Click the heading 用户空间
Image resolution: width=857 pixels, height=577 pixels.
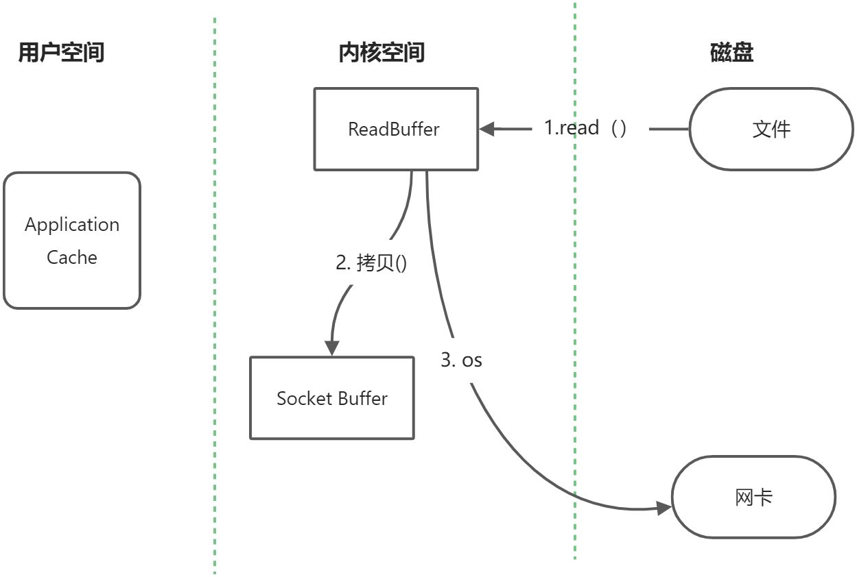[61, 52]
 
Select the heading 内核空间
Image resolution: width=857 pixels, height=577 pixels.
[381, 52]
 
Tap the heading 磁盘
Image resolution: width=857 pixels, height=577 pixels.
[732, 52]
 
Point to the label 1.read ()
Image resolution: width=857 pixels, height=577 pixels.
[585, 128]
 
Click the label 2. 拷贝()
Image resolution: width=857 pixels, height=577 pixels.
[371, 262]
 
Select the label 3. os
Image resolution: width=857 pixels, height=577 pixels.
[461, 360]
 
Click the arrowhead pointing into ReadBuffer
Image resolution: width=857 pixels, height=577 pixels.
[486, 129]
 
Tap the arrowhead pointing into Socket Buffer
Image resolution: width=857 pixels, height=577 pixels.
[331, 347]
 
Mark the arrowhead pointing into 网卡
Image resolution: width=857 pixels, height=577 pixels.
[664, 508]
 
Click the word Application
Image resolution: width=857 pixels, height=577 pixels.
[72, 225]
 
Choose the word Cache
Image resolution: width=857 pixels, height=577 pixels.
[72, 257]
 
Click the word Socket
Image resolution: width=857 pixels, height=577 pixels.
[304, 398]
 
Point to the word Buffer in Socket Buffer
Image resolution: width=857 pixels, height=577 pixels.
[363, 398]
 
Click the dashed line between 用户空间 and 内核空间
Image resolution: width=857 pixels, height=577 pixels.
[215, 296]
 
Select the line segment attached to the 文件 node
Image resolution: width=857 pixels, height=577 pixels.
[669, 129]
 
